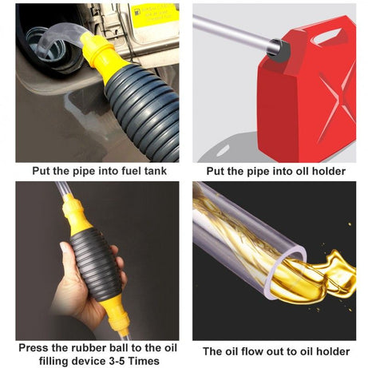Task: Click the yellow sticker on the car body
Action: [x=156, y=17]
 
